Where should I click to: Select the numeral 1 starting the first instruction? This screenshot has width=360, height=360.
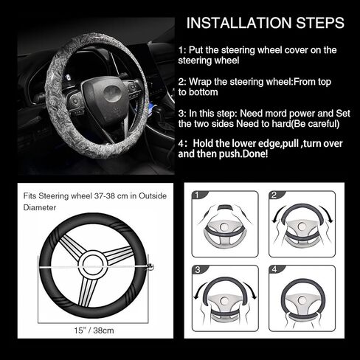[181, 50]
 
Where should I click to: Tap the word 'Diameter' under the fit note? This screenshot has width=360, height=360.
[38, 207]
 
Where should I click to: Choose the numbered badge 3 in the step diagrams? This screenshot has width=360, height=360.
[196, 271]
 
